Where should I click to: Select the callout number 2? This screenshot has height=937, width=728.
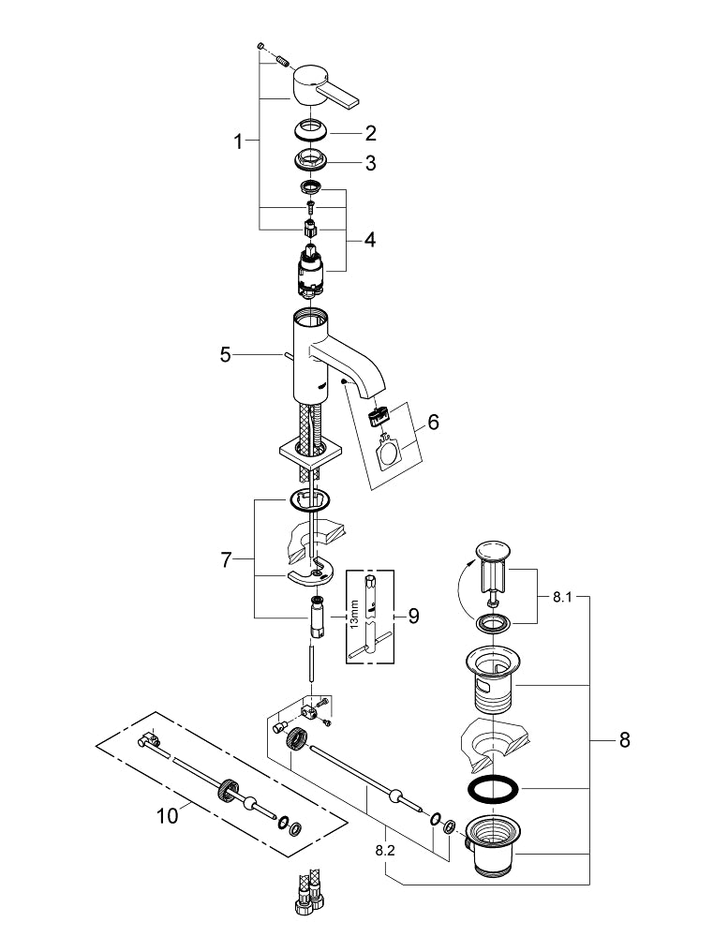370,132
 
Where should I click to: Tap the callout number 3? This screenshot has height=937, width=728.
370,163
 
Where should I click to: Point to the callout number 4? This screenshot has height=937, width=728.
370,240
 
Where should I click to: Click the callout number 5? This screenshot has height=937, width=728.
225,355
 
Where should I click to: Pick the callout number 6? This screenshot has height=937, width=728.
433,421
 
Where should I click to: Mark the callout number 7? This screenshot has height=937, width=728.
226,560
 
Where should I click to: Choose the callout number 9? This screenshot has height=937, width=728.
413,616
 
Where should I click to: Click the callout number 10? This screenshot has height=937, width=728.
167,816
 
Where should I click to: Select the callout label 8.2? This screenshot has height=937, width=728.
384,852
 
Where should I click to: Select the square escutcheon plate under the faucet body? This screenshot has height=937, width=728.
310,456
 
